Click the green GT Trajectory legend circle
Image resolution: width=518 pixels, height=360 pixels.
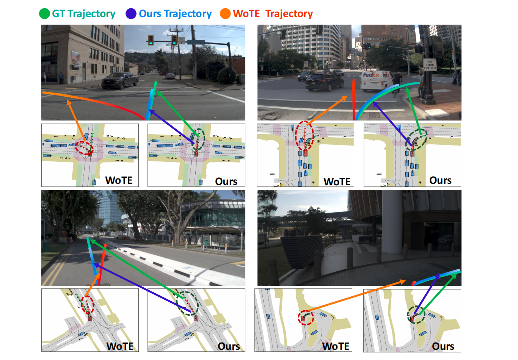coord(44,14)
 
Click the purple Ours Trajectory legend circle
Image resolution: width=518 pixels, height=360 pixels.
coord(131,14)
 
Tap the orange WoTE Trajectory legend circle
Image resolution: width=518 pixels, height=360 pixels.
coord(225,14)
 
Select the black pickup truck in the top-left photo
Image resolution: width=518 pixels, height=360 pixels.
coord(120,80)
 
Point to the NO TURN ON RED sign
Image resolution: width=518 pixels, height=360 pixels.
coord(430,65)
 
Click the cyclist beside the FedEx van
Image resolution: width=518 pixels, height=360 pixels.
coord(397,84)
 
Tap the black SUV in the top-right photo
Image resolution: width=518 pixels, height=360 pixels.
coord(319,81)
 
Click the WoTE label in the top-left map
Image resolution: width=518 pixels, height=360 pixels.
coord(119,180)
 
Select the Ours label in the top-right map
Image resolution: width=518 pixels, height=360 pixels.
coord(440,180)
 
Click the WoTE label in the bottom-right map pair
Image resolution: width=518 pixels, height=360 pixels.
coord(336,346)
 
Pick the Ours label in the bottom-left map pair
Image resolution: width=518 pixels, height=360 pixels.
coord(229,346)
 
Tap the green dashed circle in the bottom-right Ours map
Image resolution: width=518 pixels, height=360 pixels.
coord(416,315)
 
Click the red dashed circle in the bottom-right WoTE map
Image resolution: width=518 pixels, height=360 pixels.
coord(306,317)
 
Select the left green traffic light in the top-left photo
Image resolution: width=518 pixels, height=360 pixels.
coord(151,40)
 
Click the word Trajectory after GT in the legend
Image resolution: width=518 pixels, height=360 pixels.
coord(91,14)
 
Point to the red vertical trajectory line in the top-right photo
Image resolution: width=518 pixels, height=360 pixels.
coord(354,99)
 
